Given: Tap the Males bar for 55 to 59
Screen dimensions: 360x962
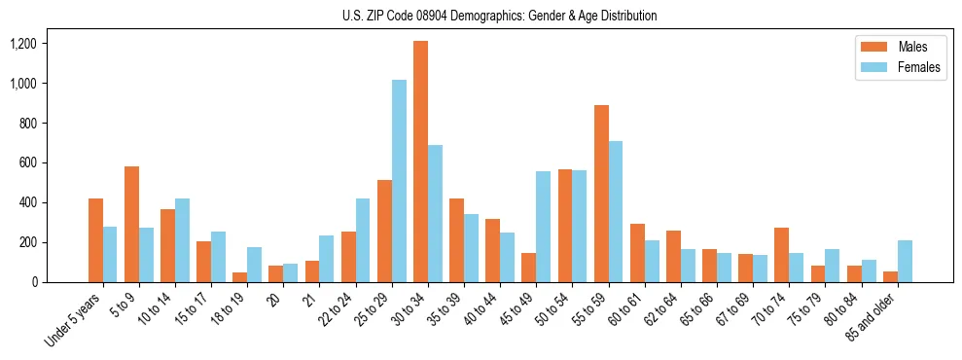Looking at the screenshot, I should click(x=601, y=194).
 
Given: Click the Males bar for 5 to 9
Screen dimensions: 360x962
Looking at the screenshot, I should click(x=131, y=224).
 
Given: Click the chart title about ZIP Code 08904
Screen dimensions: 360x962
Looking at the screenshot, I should click(x=499, y=16).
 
